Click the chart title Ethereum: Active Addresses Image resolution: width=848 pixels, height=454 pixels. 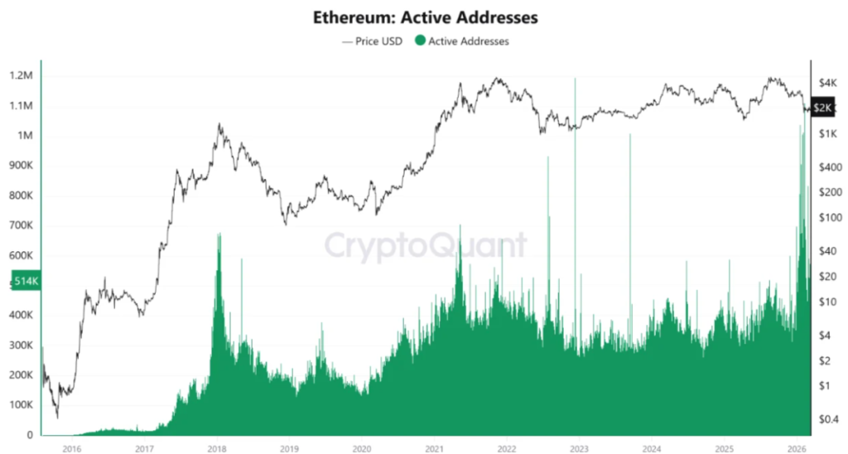(x=424, y=17)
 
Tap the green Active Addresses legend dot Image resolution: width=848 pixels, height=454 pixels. (x=420, y=41)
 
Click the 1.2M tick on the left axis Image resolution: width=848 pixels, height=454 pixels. (x=21, y=76)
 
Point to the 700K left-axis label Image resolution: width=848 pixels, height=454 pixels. (x=21, y=225)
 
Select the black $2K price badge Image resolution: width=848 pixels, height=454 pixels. (x=823, y=108)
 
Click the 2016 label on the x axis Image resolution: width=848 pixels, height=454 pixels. (x=72, y=447)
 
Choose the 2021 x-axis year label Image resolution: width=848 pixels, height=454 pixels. (x=434, y=447)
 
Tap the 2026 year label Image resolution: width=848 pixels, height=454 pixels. (x=797, y=447)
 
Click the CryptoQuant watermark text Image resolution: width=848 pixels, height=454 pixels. (x=424, y=246)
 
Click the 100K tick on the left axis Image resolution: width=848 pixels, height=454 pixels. (x=21, y=405)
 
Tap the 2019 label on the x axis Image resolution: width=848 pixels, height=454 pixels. (x=289, y=447)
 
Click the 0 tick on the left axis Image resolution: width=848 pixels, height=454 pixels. (x=30, y=435)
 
